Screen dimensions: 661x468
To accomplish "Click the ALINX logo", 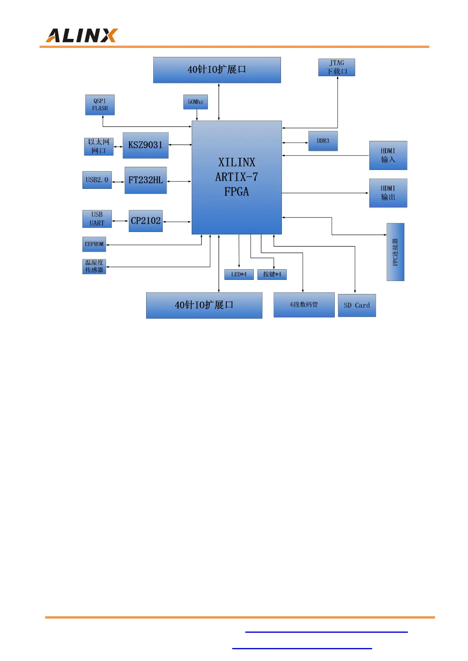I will (81, 35).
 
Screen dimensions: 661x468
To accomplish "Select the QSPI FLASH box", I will (100, 105).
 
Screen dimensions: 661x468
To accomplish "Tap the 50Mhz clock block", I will (195, 102).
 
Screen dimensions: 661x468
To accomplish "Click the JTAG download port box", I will (337, 68).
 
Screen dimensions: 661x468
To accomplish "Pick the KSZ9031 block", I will (145, 145).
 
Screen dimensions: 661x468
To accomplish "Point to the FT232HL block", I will (145, 180).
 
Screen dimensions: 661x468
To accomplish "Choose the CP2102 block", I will (145, 221).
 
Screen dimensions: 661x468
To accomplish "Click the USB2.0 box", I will (97, 180).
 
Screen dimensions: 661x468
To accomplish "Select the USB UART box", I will (97, 219).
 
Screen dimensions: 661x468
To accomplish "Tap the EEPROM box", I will (94, 244).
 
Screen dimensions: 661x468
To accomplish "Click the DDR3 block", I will (323, 141).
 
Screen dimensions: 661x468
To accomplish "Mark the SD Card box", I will (357, 305).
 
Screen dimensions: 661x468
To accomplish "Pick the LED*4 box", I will (239, 274).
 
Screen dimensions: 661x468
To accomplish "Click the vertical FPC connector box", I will (395, 252).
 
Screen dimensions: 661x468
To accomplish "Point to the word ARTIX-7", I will (237, 177).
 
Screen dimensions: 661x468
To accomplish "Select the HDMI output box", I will (388, 193).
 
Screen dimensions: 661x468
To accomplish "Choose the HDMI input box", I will (388, 155).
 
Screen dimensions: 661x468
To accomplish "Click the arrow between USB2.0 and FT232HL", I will (118, 182).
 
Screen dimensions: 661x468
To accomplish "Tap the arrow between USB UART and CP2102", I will (120, 221).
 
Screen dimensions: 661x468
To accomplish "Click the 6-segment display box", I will (304, 305).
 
